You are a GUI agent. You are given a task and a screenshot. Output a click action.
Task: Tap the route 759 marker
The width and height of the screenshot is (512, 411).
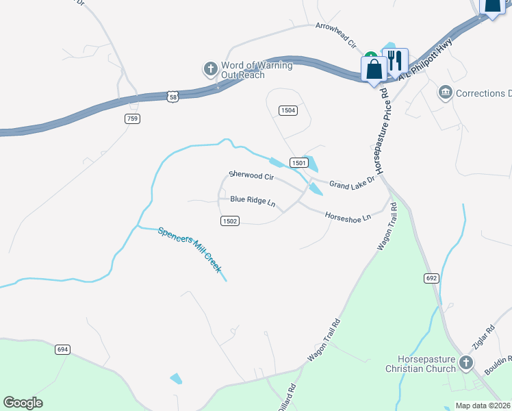[x=132, y=119]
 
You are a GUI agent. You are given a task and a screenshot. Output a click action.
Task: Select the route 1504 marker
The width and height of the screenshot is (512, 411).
[x=288, y=110]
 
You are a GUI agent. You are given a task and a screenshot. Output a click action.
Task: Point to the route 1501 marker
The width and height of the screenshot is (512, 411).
[x=298, y=162]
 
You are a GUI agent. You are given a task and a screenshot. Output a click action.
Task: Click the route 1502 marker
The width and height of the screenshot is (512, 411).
[x=230, y=221]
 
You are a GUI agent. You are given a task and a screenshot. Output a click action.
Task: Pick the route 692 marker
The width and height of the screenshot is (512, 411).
[x=431, y=278]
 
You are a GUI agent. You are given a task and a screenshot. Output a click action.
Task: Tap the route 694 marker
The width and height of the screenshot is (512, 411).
[x=62, y=349]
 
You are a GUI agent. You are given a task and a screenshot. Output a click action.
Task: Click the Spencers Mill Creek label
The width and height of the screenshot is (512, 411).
[x=190, y=250]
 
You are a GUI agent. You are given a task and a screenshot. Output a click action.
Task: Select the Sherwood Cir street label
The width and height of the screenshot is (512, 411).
[x=251, y=176]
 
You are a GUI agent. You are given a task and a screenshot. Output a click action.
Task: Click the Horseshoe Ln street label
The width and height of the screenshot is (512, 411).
[x=348, y=216]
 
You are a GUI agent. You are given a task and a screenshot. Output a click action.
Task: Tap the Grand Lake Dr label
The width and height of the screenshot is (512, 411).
[x=353, y=184]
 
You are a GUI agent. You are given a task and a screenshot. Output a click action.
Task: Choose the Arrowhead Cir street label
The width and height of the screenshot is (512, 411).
[x=336, y=35]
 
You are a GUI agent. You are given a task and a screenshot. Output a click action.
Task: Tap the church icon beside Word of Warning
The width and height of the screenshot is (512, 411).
[x=210, y=69]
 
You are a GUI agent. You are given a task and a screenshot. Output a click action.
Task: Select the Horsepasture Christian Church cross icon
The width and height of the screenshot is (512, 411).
[x=465, y=362]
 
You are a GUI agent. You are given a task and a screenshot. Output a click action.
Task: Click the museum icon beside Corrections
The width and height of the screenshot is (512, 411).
[x=446, y=92]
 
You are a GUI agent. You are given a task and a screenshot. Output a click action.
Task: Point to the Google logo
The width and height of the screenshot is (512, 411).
[x=23, y=403]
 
